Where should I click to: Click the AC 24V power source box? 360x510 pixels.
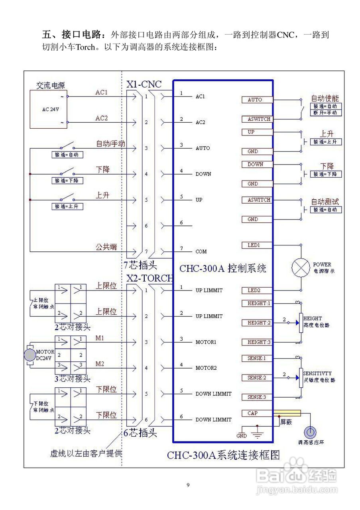click(x=48, y=109)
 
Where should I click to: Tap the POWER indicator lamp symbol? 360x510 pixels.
click(x=300, y=267)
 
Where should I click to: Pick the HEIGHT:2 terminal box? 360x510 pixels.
click(x=257, y=323)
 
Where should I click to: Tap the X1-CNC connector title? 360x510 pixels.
click(x=144, y=84)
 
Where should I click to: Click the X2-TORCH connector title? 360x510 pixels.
click(x=149, y=278)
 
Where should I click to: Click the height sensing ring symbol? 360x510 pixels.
click(x=311, y=433)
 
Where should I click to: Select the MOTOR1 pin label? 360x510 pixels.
click(x=206, y=342)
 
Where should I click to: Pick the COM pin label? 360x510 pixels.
click(x=201, y=251)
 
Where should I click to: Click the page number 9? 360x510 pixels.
click(x=188, y=485)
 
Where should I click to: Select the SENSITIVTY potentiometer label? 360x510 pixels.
click(x=317, y=374)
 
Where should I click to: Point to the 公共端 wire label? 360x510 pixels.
click(x=106, y=247)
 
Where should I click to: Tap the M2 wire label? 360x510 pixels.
click(x=100, y=364)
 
